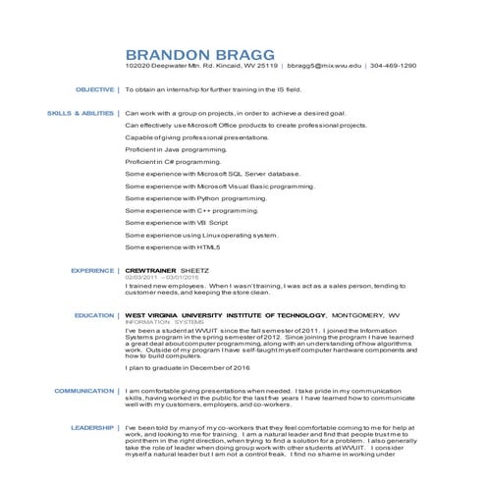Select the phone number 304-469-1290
click(393, 66)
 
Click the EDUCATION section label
click(94, 315)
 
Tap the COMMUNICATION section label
click(84, 391)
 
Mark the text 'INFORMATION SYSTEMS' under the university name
click(163, 322)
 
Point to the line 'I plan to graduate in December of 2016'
click(188, 374)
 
